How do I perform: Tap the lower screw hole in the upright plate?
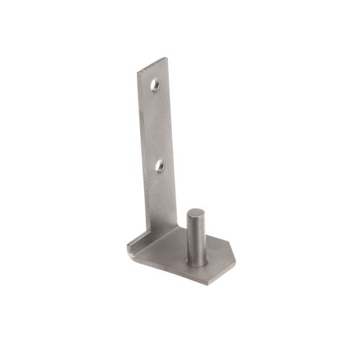pos(160,163)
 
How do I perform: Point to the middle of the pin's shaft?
pos(196,237)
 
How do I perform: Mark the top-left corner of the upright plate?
pos(138,72)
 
